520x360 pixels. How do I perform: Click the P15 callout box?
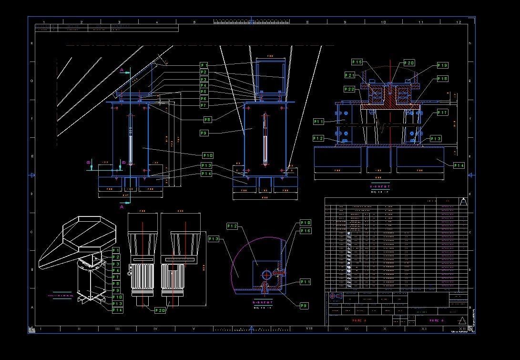pos(357,62)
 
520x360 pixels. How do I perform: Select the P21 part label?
pos(350,75)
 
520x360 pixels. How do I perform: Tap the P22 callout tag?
pos(350,89)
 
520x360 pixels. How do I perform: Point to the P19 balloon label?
pos(442,65)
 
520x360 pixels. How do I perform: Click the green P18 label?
pos(442,79)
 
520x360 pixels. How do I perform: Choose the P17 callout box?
pos(442,113)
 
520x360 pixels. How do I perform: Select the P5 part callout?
pos(204,92)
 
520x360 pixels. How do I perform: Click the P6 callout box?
pos(204,98)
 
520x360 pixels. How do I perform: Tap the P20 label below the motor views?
pos(161,310)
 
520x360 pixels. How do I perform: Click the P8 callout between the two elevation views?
pos(207,120)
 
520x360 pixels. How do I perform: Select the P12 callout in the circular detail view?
pos(232,226)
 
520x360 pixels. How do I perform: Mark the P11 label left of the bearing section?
pos(319,122)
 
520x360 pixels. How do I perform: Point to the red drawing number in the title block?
pos(357,320)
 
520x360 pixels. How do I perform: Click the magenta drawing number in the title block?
pos(436,320)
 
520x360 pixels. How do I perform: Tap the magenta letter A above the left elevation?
pos(122,70)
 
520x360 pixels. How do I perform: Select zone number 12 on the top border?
pos(459,22)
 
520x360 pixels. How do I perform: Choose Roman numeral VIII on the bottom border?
pos(308,329)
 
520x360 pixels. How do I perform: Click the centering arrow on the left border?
pos(32,175)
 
